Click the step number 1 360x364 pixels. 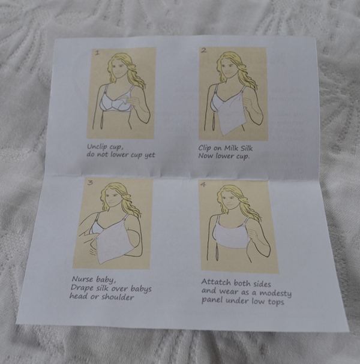[98, 53]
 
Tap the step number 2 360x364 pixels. [203, 50]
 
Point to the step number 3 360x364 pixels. [90, 182]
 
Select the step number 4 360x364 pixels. [203, 185]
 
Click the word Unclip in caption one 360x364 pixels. [97, 147]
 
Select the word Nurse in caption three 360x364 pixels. [82, 279]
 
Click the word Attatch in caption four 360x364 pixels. [216, 282]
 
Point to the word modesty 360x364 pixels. [275, 293]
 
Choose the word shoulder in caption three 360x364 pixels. [118, 297]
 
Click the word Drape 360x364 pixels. [80, 288]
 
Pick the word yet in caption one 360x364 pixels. [150, 155]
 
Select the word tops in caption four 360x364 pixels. [276, 302]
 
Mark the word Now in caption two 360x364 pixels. [206, 156]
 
